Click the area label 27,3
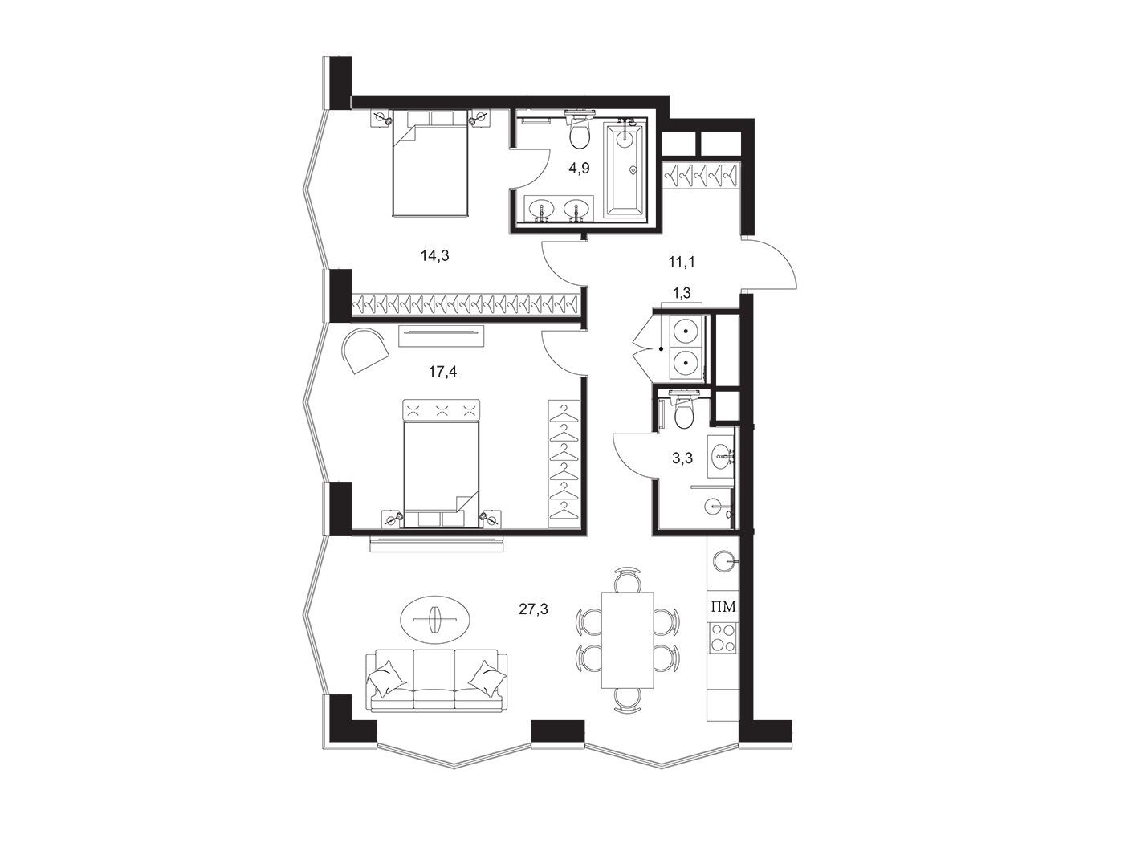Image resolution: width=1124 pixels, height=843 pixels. (x=533, y=609)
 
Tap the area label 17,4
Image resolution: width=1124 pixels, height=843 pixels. (x=442, y=372)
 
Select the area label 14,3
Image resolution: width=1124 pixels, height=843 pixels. (x=435, y=255)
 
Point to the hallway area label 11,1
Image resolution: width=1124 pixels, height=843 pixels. (x=682, y=263)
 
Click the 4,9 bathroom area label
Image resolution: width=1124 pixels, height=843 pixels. (x=579, y=169)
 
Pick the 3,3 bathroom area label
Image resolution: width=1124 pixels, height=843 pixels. (x=682, y=458)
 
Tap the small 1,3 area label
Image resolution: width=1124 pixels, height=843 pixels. (x=681, y=293)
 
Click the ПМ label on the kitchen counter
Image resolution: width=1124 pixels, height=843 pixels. (x=723, y=607)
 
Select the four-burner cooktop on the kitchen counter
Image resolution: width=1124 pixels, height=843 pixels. (x=723, y=637)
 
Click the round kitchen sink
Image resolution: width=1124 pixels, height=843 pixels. (x=723, y=561)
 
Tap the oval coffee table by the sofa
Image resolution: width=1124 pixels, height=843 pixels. (x=435, y=619)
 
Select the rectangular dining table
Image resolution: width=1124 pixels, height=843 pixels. (x=627, y=641)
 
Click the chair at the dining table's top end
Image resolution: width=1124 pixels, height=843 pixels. (x=627, y=579)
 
